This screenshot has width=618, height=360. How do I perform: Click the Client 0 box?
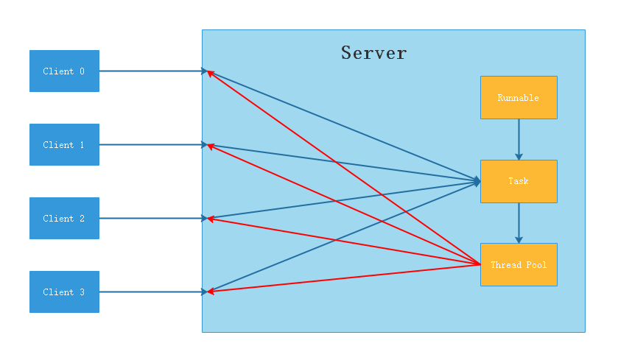tap(64, 71)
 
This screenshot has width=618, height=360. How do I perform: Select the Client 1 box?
tap(64, 145)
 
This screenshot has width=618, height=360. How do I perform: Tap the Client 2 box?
tap(64, 219)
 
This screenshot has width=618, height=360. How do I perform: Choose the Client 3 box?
tap(64, 292)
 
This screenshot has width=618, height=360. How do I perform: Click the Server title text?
tap(373, 53)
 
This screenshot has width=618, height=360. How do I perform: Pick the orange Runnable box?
tap(519, 97)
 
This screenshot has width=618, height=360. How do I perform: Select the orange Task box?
tap(519, 181)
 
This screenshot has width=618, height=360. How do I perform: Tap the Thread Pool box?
tap(519, 264)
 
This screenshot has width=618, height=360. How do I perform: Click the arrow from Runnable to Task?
tap(519, 138)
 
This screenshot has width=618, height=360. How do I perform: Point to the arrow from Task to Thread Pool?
tap(519, 222)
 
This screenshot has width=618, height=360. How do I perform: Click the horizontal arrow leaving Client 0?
tap(151, 71)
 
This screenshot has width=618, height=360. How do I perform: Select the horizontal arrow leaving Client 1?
tap(151, 145)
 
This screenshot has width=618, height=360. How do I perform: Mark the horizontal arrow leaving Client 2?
tap(151, 219)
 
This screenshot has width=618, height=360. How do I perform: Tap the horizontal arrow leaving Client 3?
tap(151, 292)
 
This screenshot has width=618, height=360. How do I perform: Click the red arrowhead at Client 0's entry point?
tap(211, 73)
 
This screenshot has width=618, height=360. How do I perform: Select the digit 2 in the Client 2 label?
tap(81, 219)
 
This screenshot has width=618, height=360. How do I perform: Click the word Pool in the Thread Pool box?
tap(535, 264)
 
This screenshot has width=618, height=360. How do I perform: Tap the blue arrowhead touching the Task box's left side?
tap(477, 180)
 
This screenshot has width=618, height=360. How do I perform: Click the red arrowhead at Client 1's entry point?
tap(211, 147)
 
